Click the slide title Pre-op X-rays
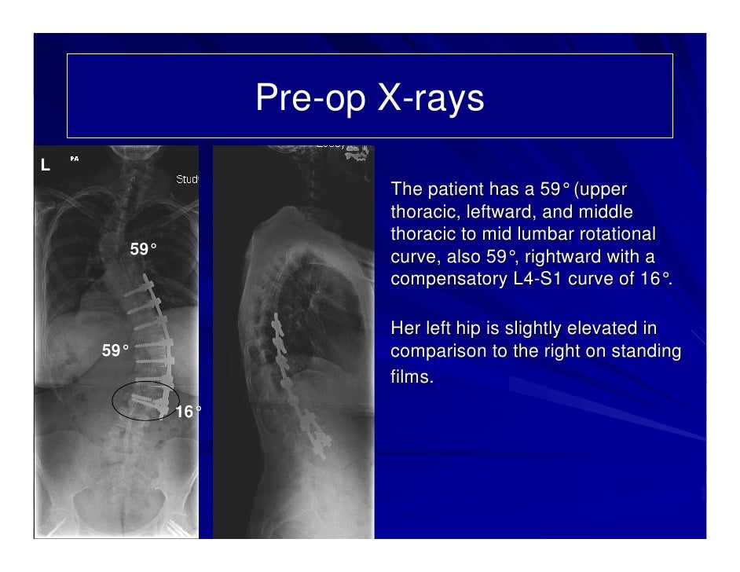[x=369, y=99]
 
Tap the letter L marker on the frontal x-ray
[x=46, y=165]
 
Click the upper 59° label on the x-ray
[x=143, y=250]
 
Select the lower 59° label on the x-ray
[x=115, y=350]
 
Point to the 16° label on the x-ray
[x=188, y=412]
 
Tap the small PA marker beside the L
[x=74, y=159]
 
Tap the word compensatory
[x=448, y=280]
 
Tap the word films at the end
[x=412, y=378]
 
